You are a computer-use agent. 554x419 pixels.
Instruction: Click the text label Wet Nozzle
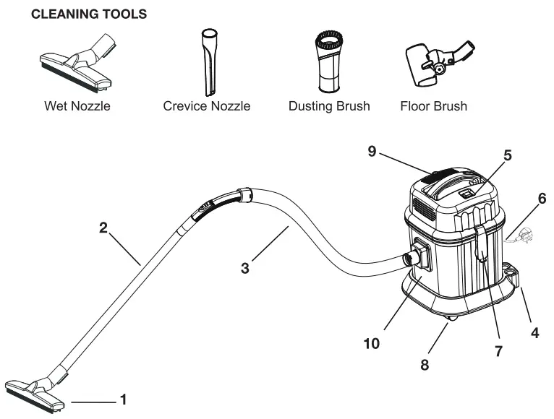click(x=77, y=106)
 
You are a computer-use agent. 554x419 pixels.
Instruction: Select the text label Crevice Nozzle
click(x=206, y=106)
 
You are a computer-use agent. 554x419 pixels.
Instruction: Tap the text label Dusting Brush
click(x=328, y=106)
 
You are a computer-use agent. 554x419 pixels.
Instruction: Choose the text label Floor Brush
click(x=433, y=106)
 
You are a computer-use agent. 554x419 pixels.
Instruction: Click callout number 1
click(x=124, y=399)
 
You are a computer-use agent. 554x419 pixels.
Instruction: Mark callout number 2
click(x=104, y=228)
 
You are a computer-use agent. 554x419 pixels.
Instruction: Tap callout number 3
click(x=246, y=268)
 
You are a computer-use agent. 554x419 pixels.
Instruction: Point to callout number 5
click(x=507, y=155)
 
